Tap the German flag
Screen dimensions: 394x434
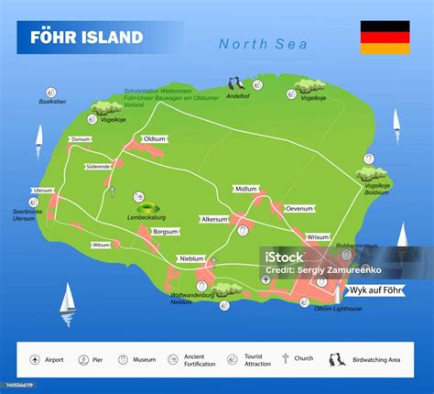(385, 38)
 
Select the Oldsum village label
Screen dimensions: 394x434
(155, 139)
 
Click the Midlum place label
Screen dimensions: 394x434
(246, 189)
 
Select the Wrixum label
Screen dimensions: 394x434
(318, 237)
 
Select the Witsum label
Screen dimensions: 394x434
(101, 245)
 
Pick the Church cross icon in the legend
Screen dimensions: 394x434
(286, 358)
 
